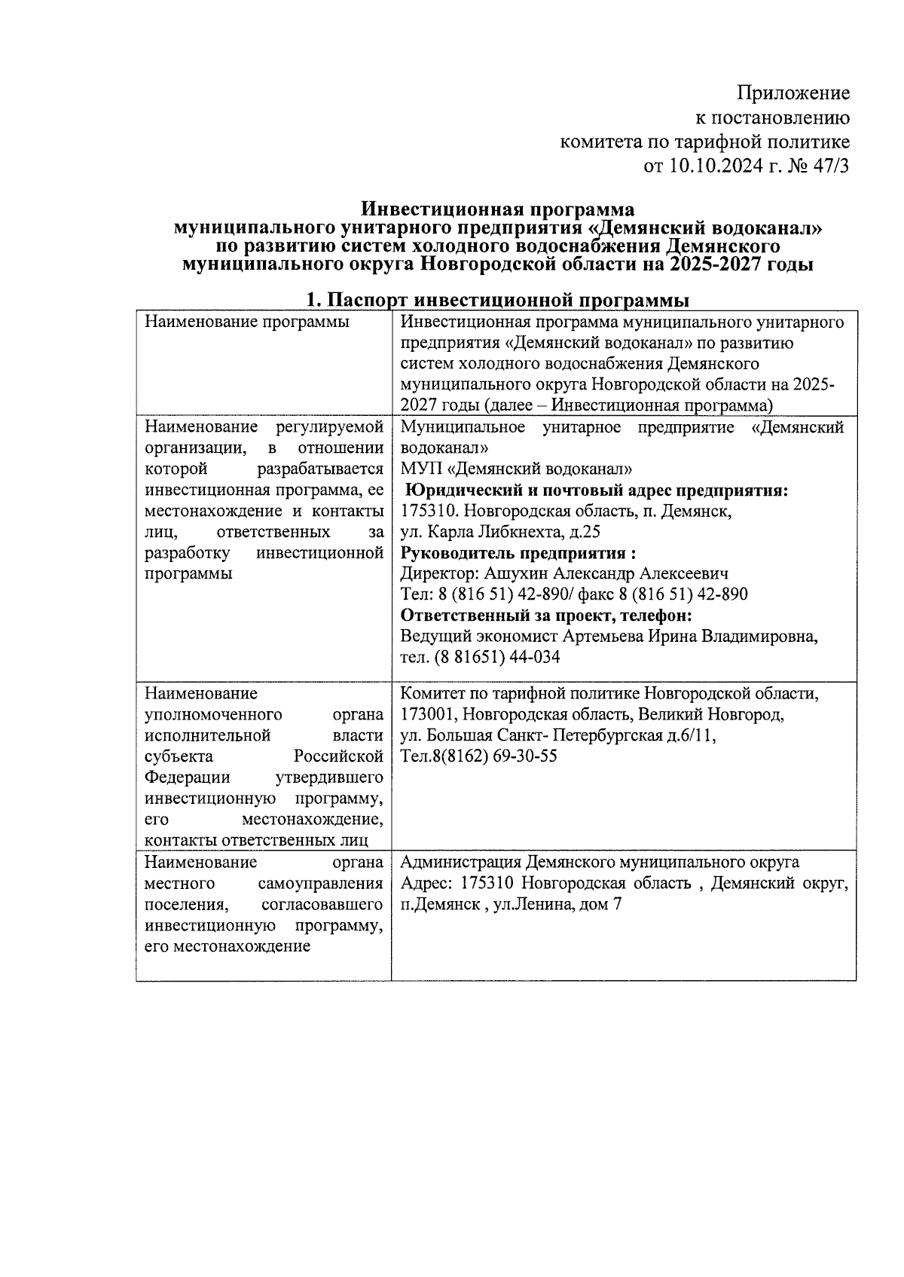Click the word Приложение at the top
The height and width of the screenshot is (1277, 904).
tap(793, 93)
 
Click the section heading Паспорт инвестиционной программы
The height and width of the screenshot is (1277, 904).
tap(507, 301)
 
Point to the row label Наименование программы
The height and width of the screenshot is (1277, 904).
tap(247, 322)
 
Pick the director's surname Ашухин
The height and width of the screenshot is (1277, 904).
tap(515, 573)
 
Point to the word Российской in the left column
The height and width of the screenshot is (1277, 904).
tap(339, 756)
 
